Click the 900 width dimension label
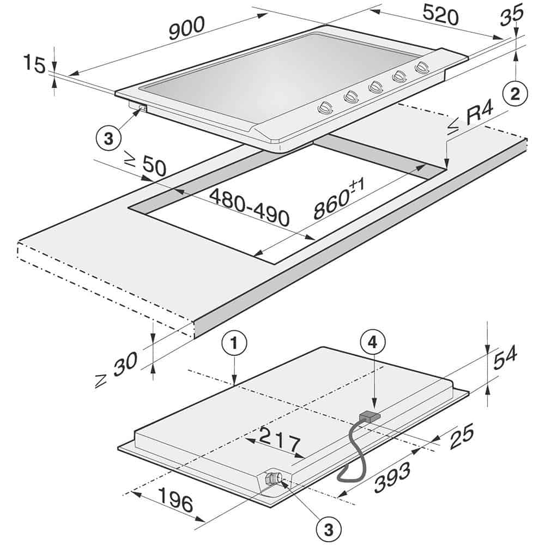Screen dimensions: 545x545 (186, 28)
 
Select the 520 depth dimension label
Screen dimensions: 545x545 (440, 15)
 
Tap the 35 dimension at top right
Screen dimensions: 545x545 (512, 14)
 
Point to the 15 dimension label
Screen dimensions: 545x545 (34, 64)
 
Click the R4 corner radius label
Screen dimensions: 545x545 (470, 118)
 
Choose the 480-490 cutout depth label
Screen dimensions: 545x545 (250, 207)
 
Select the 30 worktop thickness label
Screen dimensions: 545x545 (117, 369)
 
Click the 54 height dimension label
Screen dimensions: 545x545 (505, 357)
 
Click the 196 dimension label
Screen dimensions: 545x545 (175, 500)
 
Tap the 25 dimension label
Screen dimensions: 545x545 (462, 436)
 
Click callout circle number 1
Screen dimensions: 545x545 (234, 343)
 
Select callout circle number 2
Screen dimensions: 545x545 (515, 94)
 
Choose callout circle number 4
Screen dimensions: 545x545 (373, 343)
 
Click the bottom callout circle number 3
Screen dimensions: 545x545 (329, 530)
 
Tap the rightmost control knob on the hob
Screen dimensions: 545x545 (422, 67)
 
